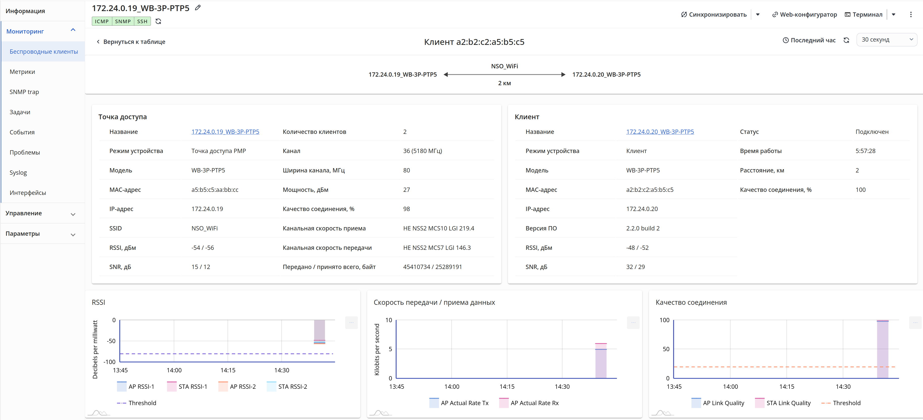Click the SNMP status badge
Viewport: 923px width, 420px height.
point(123,21)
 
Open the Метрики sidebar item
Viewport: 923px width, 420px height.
point(22,72)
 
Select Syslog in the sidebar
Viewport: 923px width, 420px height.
point(18,173)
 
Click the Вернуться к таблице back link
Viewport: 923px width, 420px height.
point(131,42)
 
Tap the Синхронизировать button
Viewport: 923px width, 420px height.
point(714,14)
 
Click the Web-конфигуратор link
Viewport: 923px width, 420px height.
point(804,14)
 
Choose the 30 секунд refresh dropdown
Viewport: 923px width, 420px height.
point(886,40)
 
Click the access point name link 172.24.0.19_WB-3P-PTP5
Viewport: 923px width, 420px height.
point(225,132)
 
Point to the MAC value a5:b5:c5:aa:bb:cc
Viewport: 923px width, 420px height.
point(215,190)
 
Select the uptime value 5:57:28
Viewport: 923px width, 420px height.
point(865,151)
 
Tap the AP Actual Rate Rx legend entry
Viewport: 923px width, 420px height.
point(529,403)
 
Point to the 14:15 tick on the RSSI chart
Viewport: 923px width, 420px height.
point(228,370)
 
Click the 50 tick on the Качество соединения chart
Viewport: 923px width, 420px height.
point(666,349)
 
